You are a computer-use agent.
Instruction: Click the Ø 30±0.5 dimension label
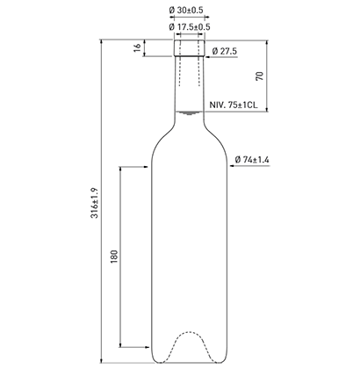click(186, 11)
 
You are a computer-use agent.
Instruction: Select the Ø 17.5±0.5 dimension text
click(190, 27)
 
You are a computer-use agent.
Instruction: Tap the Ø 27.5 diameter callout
click(225, 51)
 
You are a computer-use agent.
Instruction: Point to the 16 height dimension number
click(137, 47)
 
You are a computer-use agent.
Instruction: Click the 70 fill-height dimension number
click(260, 76)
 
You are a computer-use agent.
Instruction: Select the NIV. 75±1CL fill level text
click(234, 105)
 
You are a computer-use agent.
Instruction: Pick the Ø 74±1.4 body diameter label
click(252, 160)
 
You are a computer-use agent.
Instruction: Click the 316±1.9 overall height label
click(95, 203)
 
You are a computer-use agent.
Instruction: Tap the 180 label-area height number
click(114, 257)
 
